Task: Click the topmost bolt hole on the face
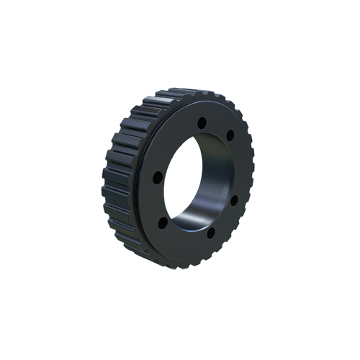(x=202, y=121)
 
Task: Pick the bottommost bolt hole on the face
(x=210, y=230)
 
